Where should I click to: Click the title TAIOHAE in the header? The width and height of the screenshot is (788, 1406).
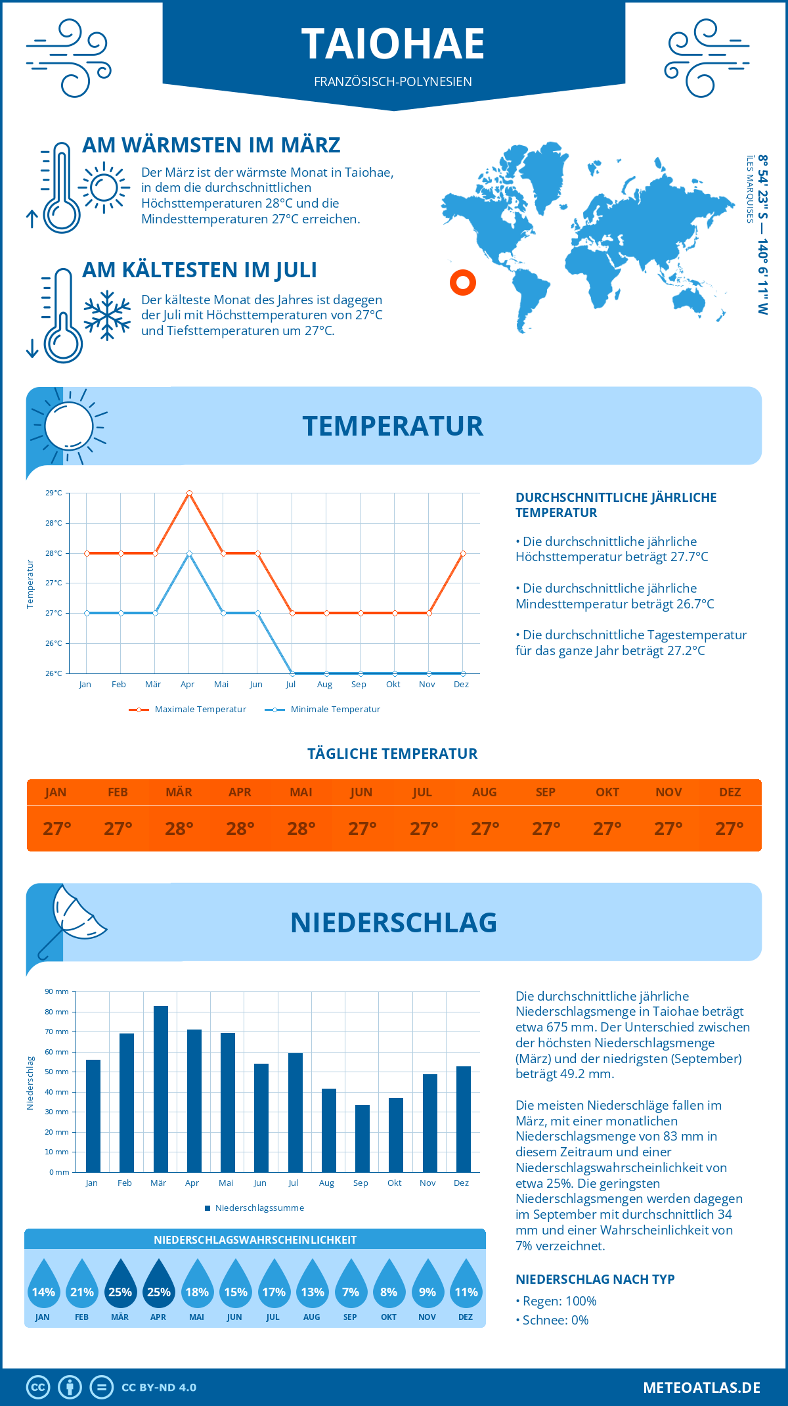[393, 45]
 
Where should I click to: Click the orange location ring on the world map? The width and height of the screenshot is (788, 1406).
[463, 283]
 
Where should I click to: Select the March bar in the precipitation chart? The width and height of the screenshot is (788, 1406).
[160, 1089]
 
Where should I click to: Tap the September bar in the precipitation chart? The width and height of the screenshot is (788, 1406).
[362, 1139]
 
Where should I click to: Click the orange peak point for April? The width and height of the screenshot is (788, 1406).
[189, 493]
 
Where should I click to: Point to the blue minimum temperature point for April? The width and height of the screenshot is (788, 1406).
[189, 553]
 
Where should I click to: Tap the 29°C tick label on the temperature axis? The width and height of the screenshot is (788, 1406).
[54, 493]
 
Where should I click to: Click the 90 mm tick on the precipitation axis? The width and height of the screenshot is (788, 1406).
[56, 991]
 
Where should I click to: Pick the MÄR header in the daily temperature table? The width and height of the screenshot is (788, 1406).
[179, 792]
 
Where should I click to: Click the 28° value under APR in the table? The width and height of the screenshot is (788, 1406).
[240, 828]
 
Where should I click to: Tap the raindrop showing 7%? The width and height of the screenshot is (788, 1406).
[350, 1286]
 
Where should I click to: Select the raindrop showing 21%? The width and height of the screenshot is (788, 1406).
[82, 1286]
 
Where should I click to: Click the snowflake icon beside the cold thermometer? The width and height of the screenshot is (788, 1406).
[107, 315]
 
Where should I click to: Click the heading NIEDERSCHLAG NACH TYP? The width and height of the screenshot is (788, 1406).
[594, 1279]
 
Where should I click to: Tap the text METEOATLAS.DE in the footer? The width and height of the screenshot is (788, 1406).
[701, 1388]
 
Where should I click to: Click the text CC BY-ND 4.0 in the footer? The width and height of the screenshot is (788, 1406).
[159, 1388]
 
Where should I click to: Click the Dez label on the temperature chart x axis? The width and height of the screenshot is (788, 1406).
[462, 685]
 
